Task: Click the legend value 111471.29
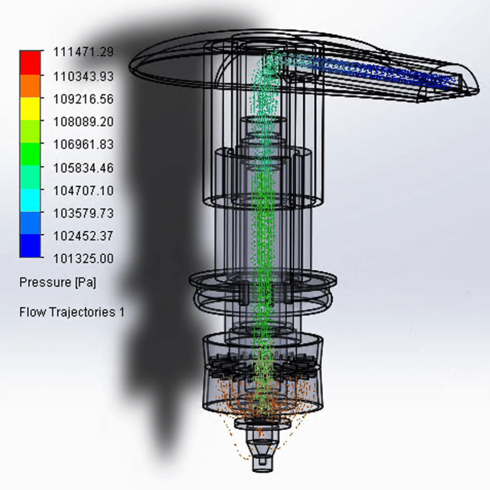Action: [x=83, y=52]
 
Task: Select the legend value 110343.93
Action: [x=83, y=76]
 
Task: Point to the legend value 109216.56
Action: [x=83, y=99]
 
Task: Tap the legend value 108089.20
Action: [x=83, y=121]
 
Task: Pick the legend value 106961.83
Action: [x=83, y=145]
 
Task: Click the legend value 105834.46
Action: [x=83, y=168]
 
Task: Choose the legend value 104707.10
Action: [x=83, y=190]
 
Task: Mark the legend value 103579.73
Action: [x=83, y=213]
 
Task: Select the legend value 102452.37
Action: [x=83, y=236]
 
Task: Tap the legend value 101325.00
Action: [x=83, y=258]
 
